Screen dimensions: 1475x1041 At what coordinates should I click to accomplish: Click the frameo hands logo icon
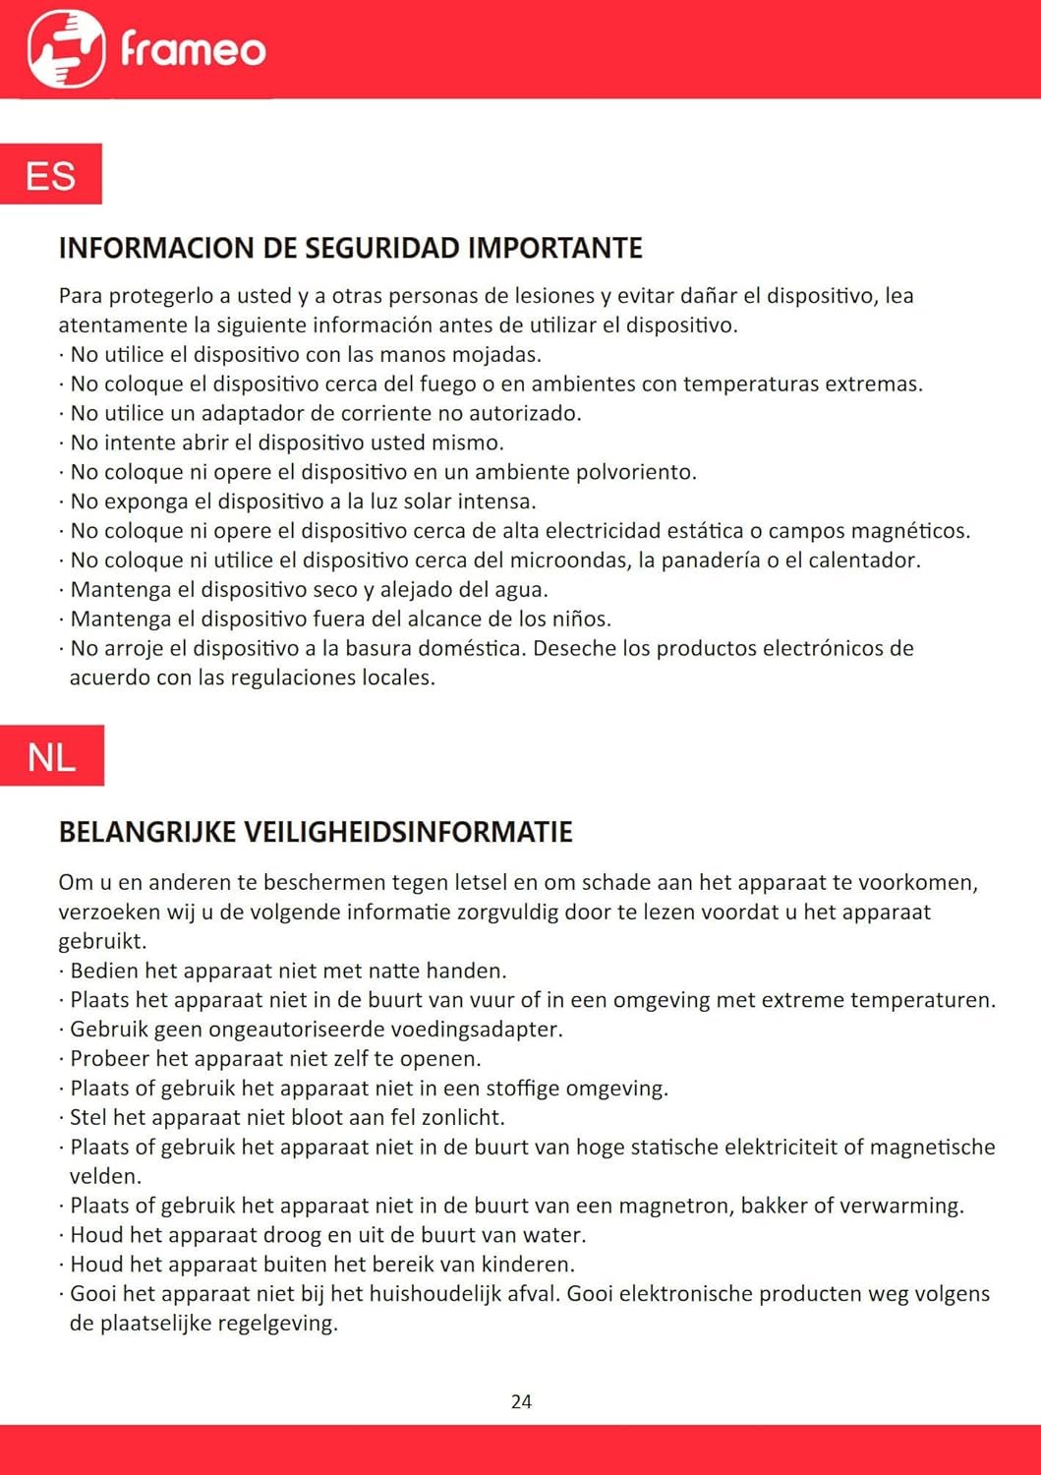click(66, 49)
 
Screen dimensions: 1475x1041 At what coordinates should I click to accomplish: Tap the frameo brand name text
click(194, 49)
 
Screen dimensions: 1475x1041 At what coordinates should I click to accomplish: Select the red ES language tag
click(51, 175)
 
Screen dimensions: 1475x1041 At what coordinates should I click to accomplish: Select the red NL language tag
click(52, 756)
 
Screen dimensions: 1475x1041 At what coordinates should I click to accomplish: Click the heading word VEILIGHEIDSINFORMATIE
click(408, 832)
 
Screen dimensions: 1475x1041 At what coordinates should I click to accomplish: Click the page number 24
click(521, 1401)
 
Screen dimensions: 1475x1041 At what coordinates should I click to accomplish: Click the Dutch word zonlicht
click(462, 1118)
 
